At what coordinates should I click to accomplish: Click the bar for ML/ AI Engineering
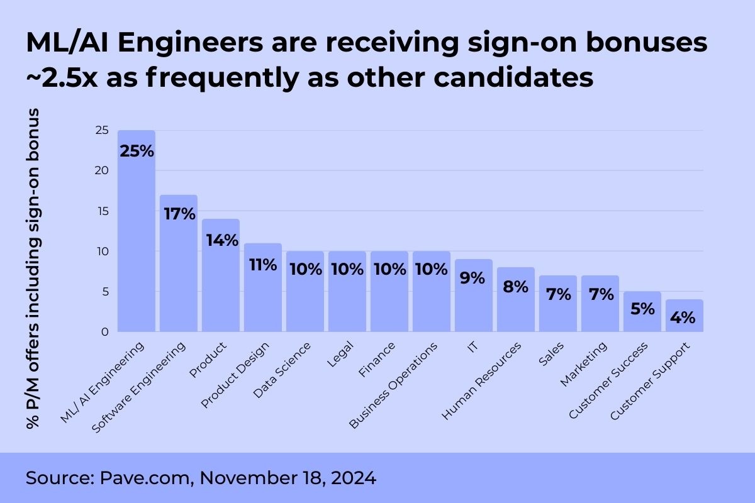click(x=137, y=239)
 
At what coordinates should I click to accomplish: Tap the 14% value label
click(x=221, y=240)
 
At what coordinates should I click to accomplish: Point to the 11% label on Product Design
click(x=263, y=264)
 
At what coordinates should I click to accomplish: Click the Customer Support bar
click(x=685, y=321)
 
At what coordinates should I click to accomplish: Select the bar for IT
click(x=474, y=302)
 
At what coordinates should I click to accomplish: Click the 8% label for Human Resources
click(x=516, y=287)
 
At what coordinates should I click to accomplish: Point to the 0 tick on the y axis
click(x=105, y=331)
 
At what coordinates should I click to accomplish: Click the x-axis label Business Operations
click(x=393, y=385)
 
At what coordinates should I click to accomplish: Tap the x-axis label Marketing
click(x=584, y=364)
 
